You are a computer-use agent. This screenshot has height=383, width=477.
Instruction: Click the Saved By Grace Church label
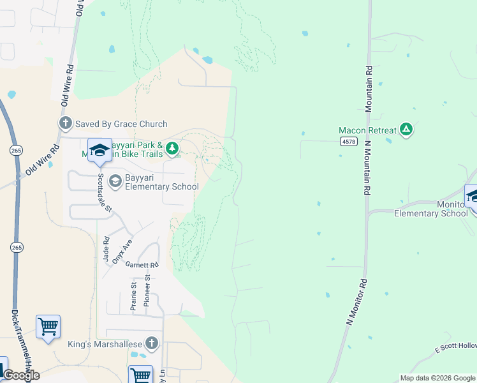121,124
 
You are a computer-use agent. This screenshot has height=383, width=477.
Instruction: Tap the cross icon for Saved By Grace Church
64,124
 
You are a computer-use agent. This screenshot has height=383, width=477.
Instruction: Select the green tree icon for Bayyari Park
172,149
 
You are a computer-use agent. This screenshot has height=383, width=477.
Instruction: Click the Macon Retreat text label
367,130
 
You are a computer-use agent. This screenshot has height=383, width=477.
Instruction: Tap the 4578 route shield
348,141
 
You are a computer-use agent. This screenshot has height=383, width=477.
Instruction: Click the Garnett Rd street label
142,265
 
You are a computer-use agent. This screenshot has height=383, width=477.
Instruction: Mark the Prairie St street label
133,296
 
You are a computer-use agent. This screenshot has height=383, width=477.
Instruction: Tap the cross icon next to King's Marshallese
151,344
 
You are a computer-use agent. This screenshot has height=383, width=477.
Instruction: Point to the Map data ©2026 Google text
437,378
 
